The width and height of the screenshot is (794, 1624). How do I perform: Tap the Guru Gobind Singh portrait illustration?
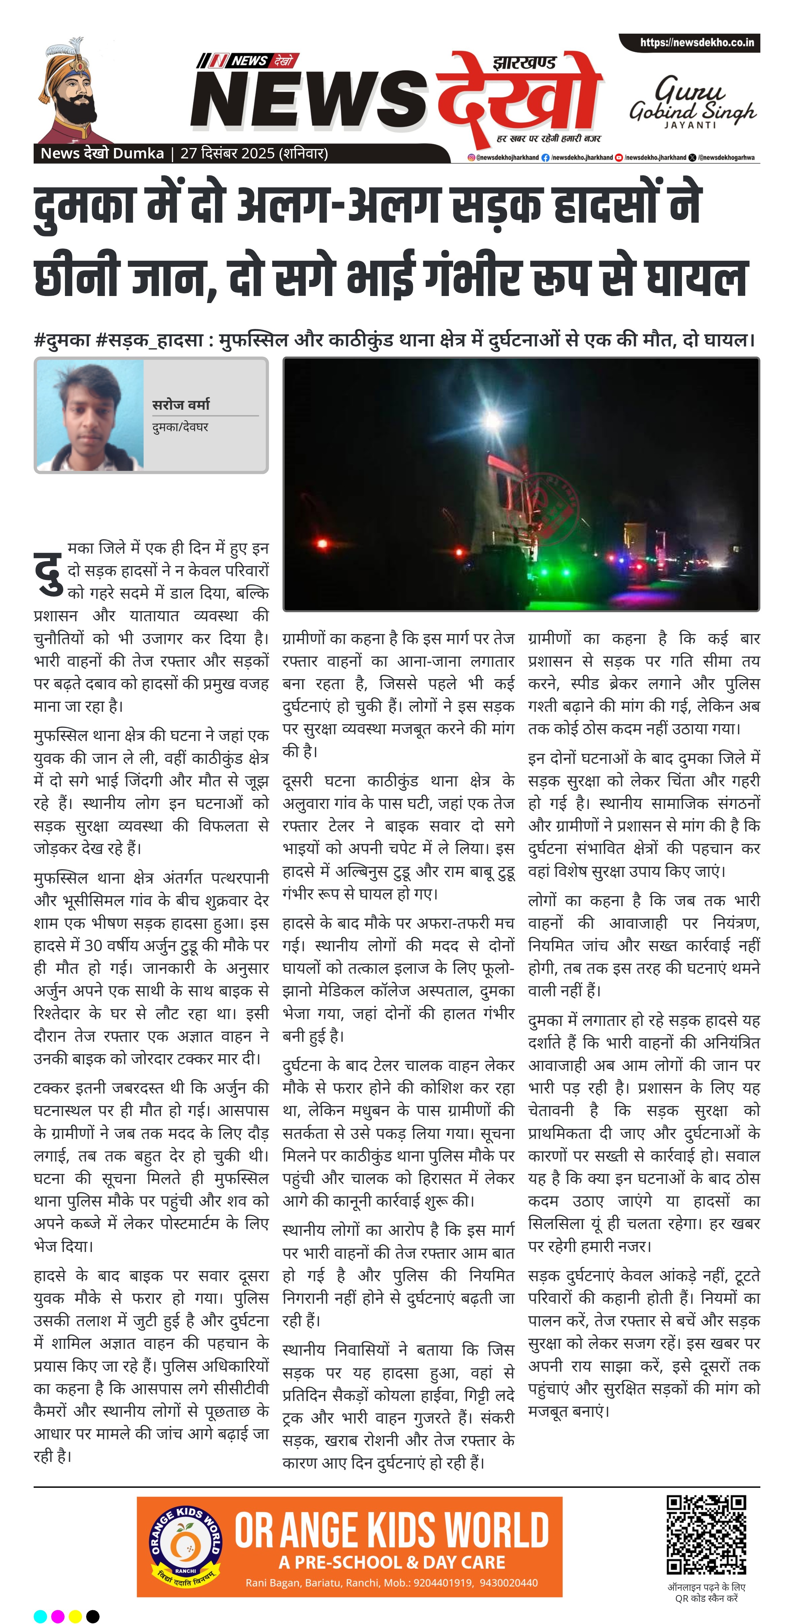(x=73, y=98)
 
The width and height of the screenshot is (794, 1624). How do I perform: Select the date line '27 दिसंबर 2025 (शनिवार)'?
(x=254, y=153)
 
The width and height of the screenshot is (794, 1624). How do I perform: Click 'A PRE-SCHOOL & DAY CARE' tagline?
(x=392, y=1562)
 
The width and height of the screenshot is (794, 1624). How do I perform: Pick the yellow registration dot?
(x=75, y=1616)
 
